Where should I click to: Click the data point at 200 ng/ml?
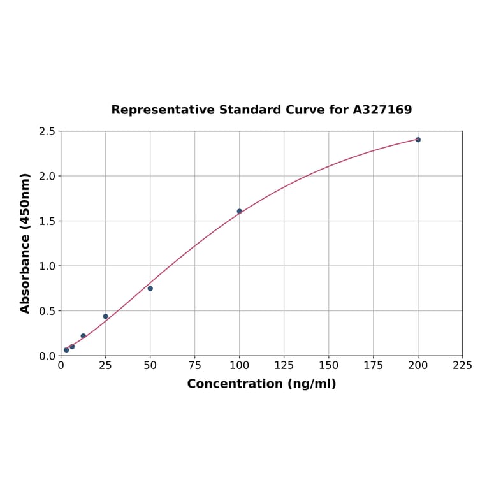click(418, 140)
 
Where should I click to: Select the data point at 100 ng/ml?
click(240, 212)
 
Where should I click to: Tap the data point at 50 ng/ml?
click(150, 289)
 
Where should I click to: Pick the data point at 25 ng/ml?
click(106, 316)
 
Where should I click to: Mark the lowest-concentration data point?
click(66, 350)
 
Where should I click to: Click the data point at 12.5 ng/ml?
click(84, 336)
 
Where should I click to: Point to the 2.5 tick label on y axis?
click(47, 131)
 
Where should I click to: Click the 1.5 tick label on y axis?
click(47, 221)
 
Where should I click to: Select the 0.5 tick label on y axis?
click(47, 311)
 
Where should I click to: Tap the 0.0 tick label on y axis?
click(47, 356)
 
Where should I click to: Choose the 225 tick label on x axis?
click(463, 366)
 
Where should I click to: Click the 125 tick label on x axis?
click(284, 366)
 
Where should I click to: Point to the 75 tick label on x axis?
click(195, 366)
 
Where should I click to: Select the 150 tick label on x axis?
click(329, 366)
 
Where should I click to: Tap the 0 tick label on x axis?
click(61, 366)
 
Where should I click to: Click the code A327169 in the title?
click(382, 110)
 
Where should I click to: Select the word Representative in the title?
click(163, 110)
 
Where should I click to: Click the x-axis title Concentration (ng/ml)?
click(261, 384)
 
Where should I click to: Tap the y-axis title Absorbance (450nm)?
click(25, 243)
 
